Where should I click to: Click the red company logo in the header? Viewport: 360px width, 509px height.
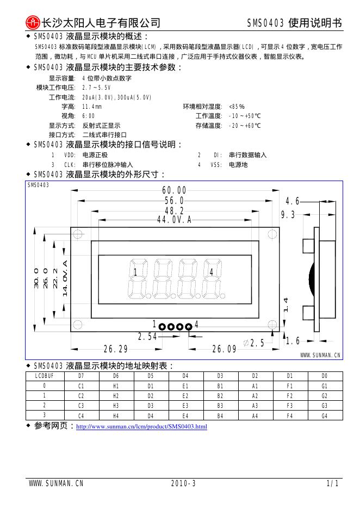click(33, 22)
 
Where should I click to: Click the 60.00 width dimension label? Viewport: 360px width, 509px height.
click(174, 190)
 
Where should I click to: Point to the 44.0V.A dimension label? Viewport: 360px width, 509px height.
click(174, 220)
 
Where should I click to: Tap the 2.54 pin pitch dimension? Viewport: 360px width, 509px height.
click(147, 337)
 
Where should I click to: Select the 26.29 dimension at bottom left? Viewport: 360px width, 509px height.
click(115, 349)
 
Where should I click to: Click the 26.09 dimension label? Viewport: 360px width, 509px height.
click(224, 349)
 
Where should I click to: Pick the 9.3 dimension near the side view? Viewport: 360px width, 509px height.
click(288, 215)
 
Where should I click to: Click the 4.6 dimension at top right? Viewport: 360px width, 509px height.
click(293, 201)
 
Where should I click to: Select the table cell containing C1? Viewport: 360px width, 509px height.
click(81, 386)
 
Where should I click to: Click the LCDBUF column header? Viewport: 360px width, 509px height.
click(45, 376)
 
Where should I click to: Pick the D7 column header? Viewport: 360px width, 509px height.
click(81, 376)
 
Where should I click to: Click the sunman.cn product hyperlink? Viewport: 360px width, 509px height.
click(141, 426)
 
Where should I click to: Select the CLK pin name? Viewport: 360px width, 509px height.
click(70, 164)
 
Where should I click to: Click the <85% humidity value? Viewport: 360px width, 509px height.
click(237, 107)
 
